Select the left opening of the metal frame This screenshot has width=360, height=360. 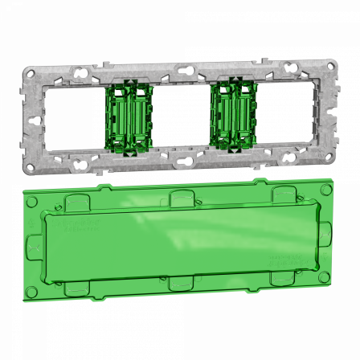75,119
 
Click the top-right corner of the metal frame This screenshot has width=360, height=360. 329,63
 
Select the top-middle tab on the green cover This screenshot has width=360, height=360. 180,196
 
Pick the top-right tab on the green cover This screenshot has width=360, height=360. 282,193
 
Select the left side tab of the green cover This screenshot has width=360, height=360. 35,243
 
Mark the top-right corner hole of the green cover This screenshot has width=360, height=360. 325,190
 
